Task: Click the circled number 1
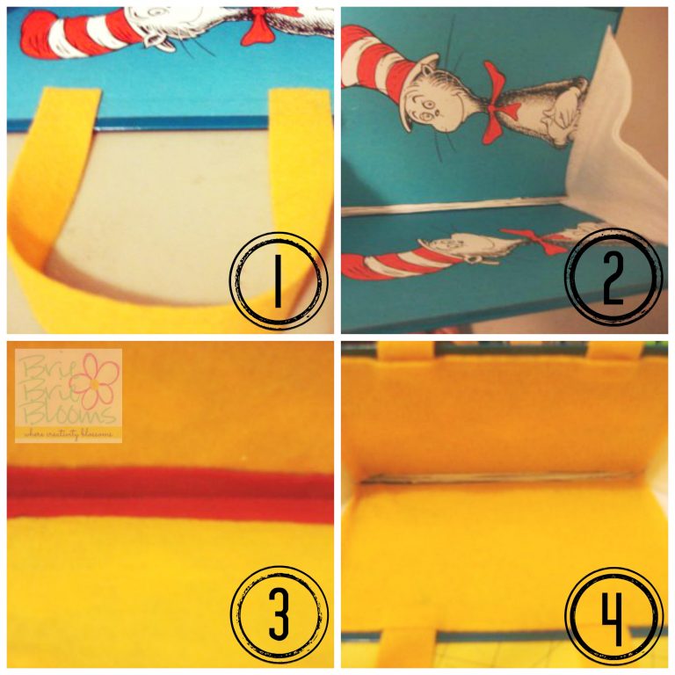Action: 277,280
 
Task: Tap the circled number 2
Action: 612,280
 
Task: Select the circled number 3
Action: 278,614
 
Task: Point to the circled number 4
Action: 613,614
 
